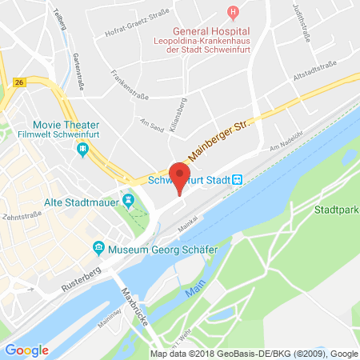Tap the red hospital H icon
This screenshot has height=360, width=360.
233,11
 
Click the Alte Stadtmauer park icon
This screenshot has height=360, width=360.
128,198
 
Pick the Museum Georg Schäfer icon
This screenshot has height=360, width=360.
99,247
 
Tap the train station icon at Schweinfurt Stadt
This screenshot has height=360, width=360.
237,180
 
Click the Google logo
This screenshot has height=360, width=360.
27,350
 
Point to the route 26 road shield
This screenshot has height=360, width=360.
18,82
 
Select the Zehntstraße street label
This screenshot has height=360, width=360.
20,216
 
